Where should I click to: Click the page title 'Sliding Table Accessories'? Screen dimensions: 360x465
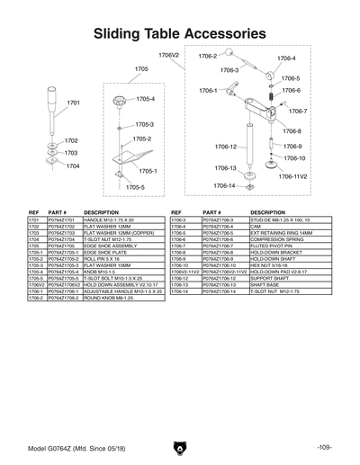coord(180,33)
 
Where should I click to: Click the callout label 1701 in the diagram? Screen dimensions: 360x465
coord(75,103)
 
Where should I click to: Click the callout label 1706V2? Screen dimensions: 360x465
coord(169,55)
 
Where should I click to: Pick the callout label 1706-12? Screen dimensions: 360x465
coord(226,147)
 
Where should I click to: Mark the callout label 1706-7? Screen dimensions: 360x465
coord(298,112)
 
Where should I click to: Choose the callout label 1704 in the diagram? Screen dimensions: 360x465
coord(73,166)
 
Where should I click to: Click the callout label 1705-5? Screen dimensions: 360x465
coord(135,187)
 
